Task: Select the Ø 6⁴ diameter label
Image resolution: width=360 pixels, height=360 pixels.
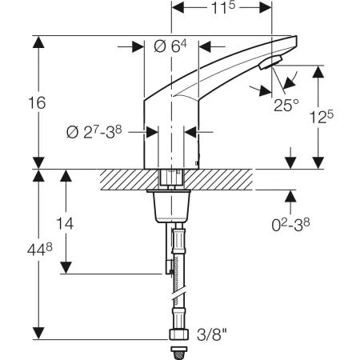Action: click(169, 48)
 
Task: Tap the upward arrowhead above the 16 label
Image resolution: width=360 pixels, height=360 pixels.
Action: click(35, 42)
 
